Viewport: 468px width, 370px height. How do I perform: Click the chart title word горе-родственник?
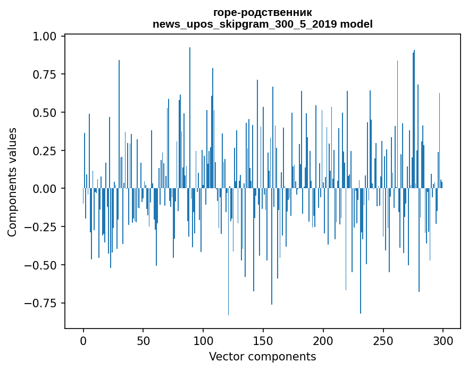pos(262,12)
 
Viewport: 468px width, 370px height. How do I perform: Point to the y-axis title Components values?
pos(12,182)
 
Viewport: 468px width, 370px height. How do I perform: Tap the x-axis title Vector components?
pos(262,357)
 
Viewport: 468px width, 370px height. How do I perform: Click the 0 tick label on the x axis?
pos(83,341)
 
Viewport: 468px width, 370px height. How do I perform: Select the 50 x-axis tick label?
pos(143,341)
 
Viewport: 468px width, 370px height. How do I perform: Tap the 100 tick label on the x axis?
pos(203,341)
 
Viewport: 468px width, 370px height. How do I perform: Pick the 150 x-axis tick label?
pos(263,341)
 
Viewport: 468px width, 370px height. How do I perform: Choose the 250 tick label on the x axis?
pos(383,341)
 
